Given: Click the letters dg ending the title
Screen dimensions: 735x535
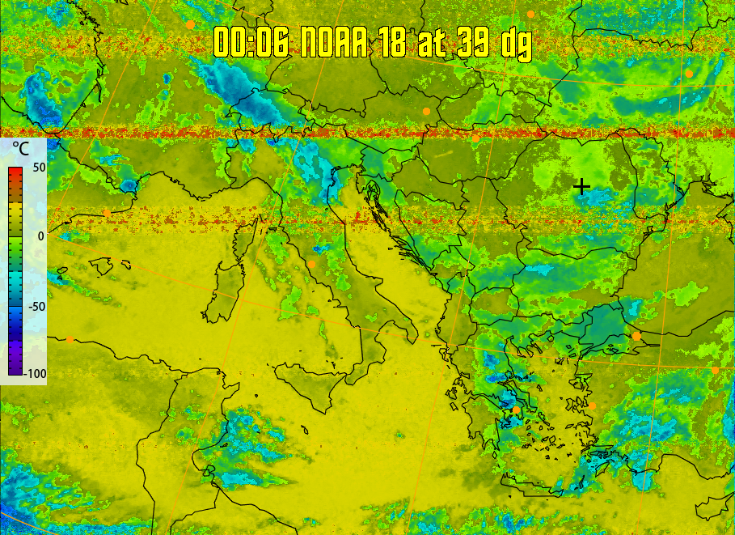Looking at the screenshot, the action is pyautogui.click(x=517, y=44).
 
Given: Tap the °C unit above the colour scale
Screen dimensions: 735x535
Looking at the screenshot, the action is pyautogui.click(x=20, y=150).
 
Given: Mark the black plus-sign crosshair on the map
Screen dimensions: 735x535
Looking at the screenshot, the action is pyautogui.click(x=581, y=187).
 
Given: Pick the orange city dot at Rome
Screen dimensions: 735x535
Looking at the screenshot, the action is pyautogui.click(x=311, y=264).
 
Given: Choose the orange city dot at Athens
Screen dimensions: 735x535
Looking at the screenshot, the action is pyautogui.click(x=517, y=410).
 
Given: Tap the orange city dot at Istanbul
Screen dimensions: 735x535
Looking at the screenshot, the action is pyautogui.click(x=636, y=335).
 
